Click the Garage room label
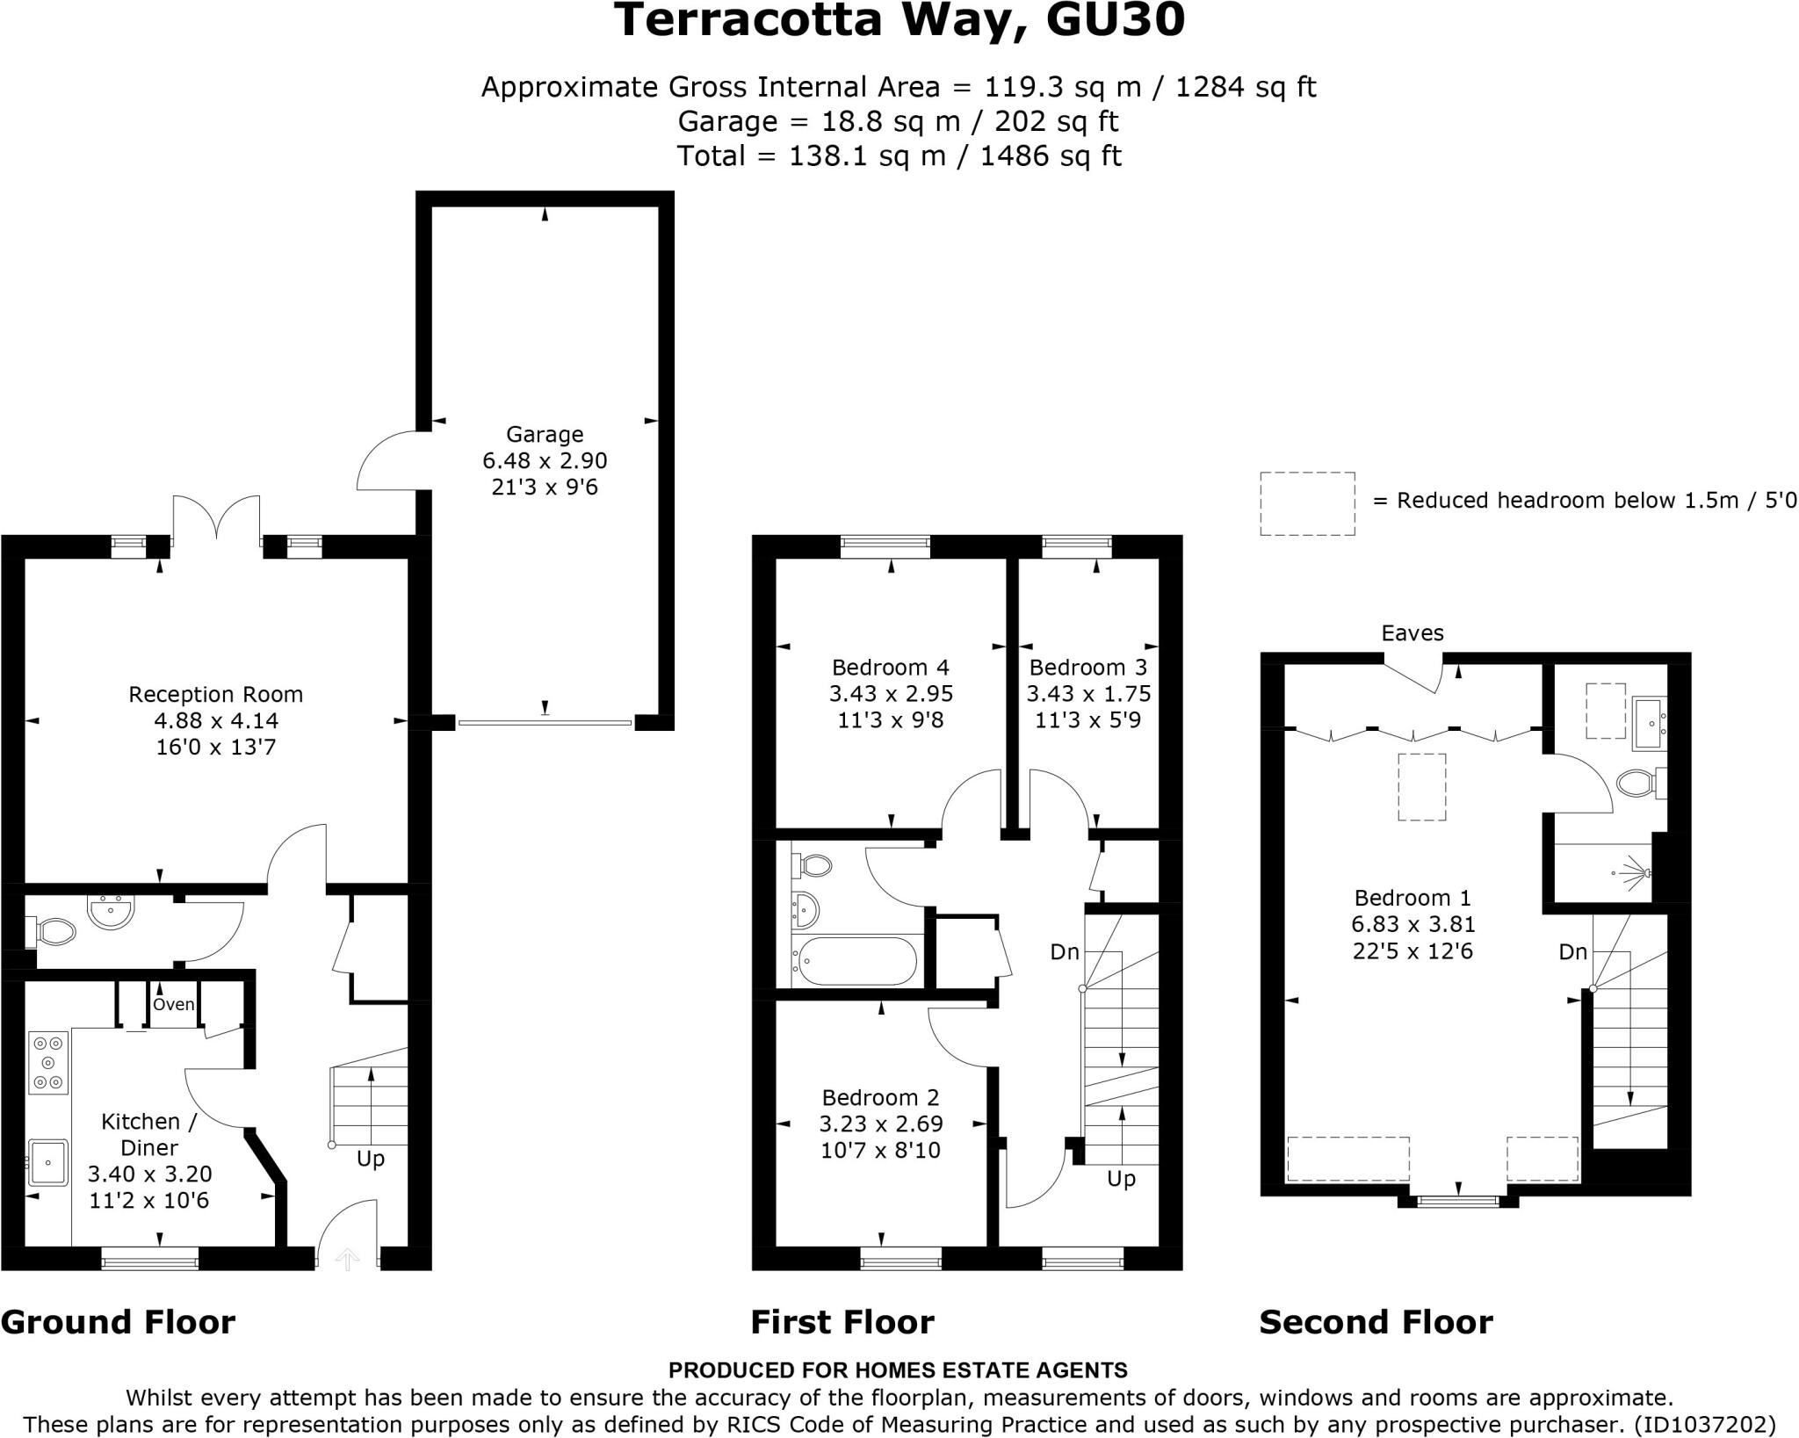coord(544,434)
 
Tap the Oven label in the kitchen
coord(173,1004)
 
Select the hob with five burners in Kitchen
coord(48,1063)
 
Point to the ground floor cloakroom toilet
coord(54,931)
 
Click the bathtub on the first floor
coord(854,961)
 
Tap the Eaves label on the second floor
coord(1412,633)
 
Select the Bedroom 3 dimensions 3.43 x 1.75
coord(1088,694)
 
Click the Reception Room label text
coord(215,695)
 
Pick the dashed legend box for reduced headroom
coord(1307,503)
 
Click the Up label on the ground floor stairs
coord(371,1159)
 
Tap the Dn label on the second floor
coord(1572,951)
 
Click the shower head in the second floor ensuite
coord(1639,873)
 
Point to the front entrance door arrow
coord(348,1260)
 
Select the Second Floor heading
coord(1375,1322)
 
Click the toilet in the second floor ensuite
coord(1636,783)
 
